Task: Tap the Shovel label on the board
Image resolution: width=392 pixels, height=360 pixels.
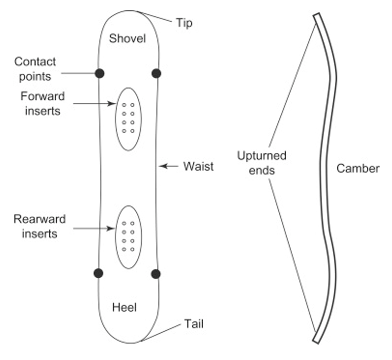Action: [128, 39]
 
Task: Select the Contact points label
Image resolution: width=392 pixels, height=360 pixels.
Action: [35, 69]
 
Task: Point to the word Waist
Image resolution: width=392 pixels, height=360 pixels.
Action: [198, 166]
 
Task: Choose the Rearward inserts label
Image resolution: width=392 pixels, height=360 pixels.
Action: [40, 226]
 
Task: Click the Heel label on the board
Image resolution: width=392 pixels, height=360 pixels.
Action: [124, 308]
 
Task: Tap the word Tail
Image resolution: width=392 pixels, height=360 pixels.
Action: [194, 325]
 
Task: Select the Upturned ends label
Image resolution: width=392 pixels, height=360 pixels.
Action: [261, 163]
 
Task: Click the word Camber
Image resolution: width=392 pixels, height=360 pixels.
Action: [358, 168]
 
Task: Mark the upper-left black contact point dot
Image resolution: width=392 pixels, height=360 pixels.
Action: [99, 74]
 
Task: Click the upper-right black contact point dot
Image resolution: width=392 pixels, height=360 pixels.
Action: [156, 74]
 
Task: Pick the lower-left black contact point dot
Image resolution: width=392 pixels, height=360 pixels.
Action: [99, 273]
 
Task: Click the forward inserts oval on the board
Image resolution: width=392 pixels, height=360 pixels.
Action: [128, 119]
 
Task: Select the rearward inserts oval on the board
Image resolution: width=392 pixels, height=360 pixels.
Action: [128, 237]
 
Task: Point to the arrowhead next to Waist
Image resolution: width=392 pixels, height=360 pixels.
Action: [161, 166]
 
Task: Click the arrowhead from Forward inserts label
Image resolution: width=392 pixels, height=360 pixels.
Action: [113, 104]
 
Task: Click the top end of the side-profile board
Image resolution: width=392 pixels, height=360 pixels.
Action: [316, 16]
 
